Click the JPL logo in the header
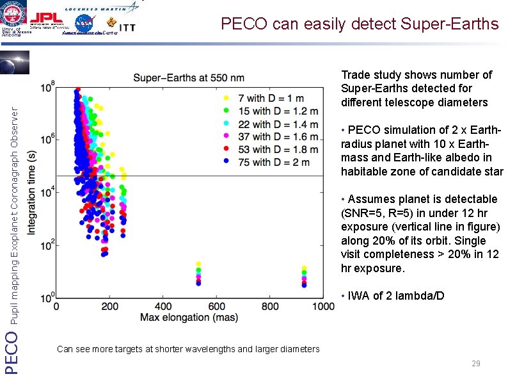pyautogui.click(x=47, y=18)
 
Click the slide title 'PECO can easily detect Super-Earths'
pyautogui.click(x=359, y=24)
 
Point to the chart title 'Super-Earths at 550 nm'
pyautogui.click(x=189, y=78)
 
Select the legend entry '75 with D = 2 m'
pyautogui.click(x=266, y=162)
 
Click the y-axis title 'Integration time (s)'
pyautogui.click(x=31, y=192)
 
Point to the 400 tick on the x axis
pyautogui.click(x=163, y=307)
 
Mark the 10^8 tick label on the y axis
pyautogui.click(x=46, y=86)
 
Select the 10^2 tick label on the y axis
pyautogui.click(x=46, y=246)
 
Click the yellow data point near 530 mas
pyautogui.click(x=198, y=264)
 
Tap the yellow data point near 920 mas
pyautogui.click(x=304, y=268)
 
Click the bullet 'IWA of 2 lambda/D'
pyautogui.click(x=392, y=296)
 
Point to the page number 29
pyautogui.click(x=475, y=364)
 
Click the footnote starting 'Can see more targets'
pyautogui.click(x=188, y=349)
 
